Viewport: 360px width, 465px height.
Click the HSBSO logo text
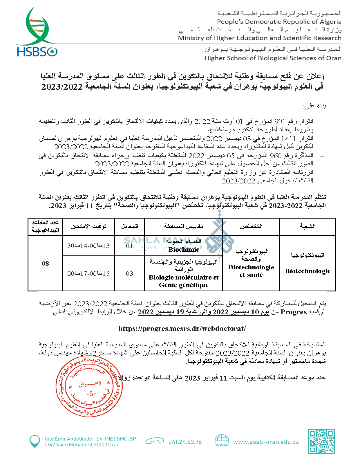pyautogui.click(x=37, y=52)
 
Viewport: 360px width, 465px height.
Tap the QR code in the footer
pyautogui.click(x=321, y=441)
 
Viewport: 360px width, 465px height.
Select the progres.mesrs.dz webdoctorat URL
pyautogui.click(x=182, y=329)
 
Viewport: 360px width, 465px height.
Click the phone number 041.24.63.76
pyautogui.click(x=185, y=442)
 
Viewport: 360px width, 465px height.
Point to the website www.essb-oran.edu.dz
pyautogui.click(x=266, y=442)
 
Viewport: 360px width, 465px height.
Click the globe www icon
pyautogui.click(x=222, y=441)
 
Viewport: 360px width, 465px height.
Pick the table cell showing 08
pyautogui.click(x=45, y=264)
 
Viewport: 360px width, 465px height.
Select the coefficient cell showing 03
pyautogui.click(x=129, y=274)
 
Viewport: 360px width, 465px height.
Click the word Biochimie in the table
pyautogui.click(x=184, y=250)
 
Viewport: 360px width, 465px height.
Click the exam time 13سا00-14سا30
pyautogui.click(x=88, y=246)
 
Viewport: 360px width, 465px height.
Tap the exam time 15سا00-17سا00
pyautogui.click(x=88, y=274)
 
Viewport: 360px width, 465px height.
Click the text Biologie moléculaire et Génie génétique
pyautogui.click(x=184, y=281)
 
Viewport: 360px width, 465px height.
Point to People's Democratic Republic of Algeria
pyautogui.click(x=279, y=22)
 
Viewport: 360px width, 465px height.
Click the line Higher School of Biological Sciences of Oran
pyautogui.click(x=273, y=58)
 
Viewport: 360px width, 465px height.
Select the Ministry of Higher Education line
pyautogui.click(x=260, y=38)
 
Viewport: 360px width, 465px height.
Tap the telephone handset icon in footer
pyautogui.click(x=155, y=441)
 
